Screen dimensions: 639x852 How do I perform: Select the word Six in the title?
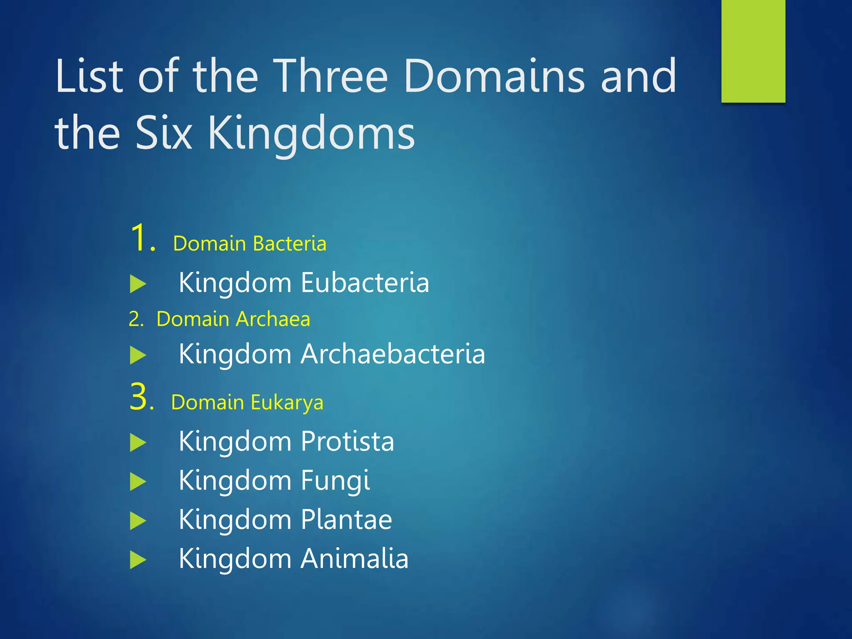pos(164,133)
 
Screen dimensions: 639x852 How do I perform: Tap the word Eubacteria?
pos(365,283)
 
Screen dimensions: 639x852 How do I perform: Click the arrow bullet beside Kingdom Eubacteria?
pos(138,284)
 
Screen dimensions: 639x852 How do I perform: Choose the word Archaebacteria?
pos(393,354)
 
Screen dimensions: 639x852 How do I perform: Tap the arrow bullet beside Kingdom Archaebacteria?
pos(138,356)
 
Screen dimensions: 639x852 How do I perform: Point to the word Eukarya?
pos(287,403)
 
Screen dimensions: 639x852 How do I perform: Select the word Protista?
pos(347,441)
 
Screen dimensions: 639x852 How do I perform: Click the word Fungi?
pos(335,481)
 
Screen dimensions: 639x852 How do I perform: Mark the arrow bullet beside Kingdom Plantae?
pos(138,521)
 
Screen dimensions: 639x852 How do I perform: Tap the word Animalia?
pos(354,559)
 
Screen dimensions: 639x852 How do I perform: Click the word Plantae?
pos(346,520)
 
